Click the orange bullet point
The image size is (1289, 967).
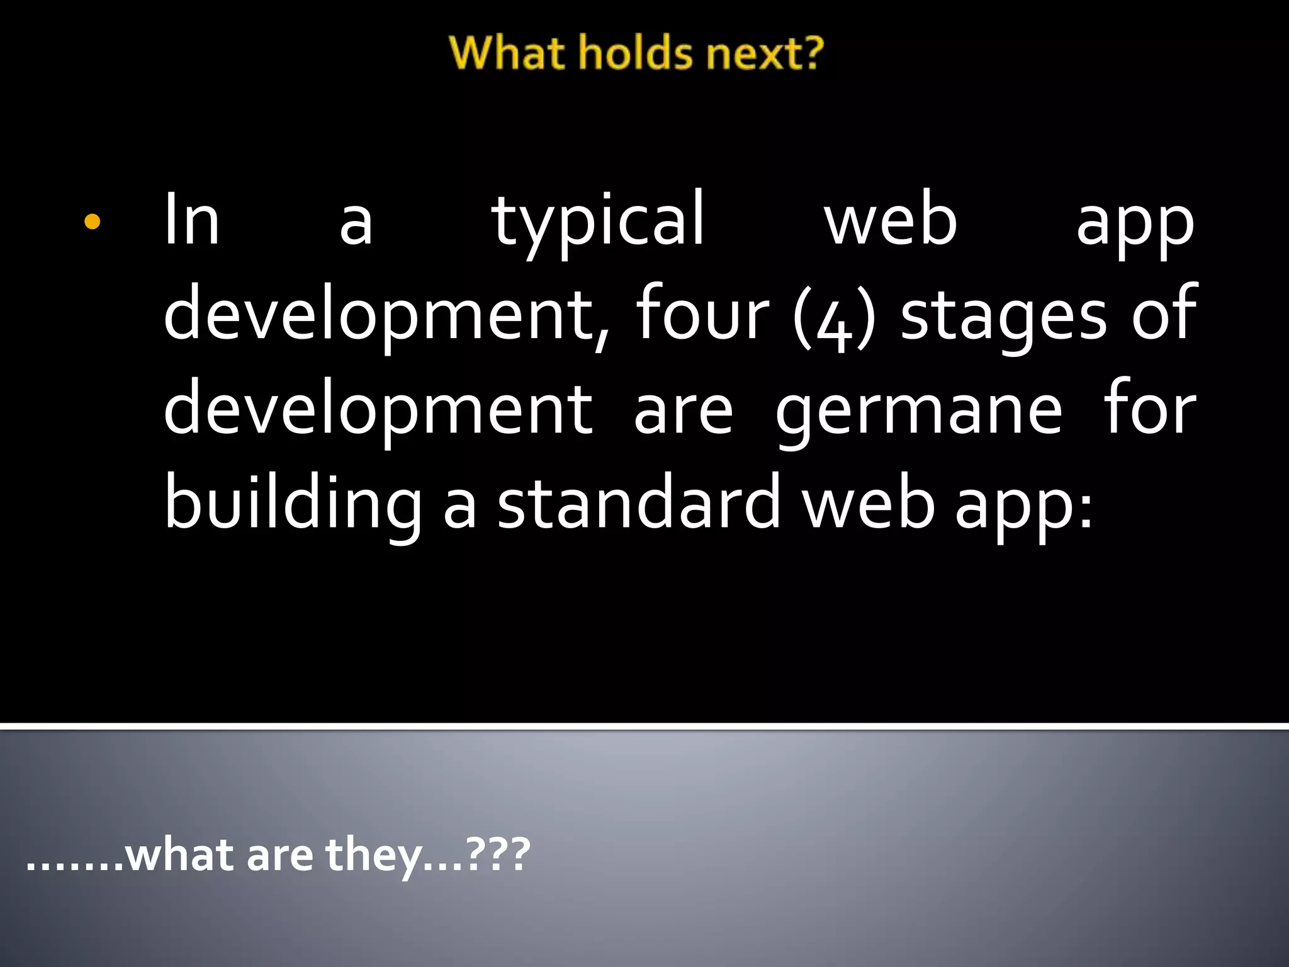tap(92, 222)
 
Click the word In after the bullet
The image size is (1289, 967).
tap(191, 220)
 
